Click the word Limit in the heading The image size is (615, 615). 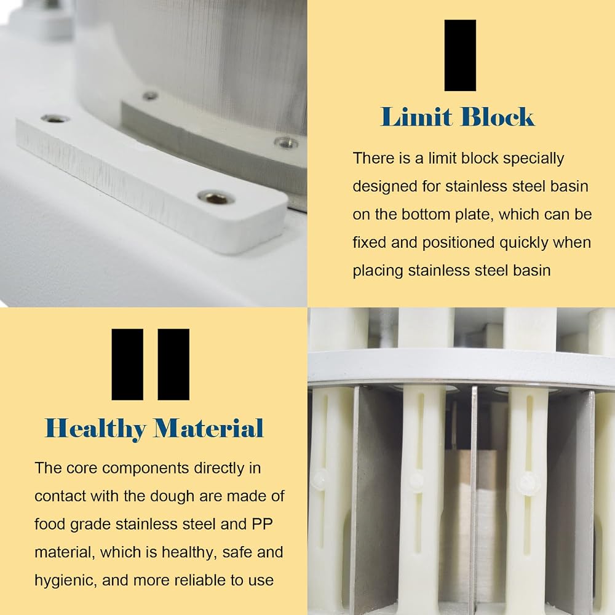(x=416, y=116)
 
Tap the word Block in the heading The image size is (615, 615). (x=498, y=116)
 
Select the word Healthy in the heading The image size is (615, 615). (x=95, y=428)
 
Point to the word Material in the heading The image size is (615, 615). (x=208, y=428)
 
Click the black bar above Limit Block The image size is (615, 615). (x=460, y=55)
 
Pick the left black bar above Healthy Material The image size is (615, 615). (x=127, y=364)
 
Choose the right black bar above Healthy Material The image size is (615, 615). (x=173, y=364)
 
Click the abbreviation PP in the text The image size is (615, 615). (x=262, y=524)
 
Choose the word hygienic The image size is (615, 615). (x=66, y=581)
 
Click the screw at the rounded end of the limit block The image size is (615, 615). (x=215, y=197)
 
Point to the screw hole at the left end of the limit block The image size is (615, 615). (x=55, y=119)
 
